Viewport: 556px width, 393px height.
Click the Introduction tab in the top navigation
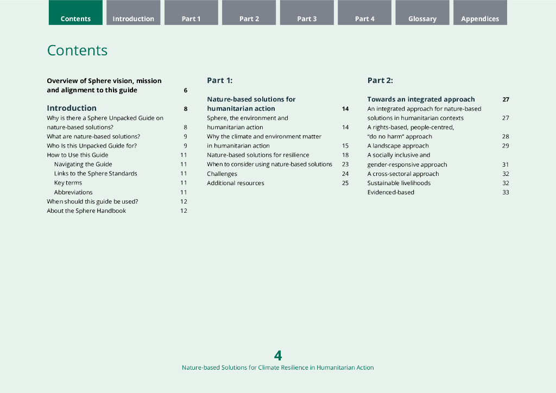point(133,18)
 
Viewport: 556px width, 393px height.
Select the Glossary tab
point(422,18)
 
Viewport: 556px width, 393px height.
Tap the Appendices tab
point(480,18)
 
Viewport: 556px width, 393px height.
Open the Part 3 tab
point(307,18)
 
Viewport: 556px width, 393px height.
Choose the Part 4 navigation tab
point(364,18)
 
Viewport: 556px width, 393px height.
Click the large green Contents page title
point(77,50)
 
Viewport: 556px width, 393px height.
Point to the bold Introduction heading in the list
point(72,108)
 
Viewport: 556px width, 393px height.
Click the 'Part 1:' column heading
point(219,80)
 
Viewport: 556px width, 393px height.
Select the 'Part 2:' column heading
point(380,80)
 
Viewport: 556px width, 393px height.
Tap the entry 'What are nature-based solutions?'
point(93,136)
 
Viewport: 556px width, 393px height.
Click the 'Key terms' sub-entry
point(68,183)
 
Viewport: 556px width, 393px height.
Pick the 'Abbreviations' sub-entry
point(73,192)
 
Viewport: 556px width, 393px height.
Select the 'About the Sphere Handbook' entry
point(86,211)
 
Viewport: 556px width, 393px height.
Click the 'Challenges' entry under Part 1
point(222,174)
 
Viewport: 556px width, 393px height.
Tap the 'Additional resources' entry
point(236,183)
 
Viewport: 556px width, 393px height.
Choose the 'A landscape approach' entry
point(398,145)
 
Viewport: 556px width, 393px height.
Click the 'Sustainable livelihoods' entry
point(399,183)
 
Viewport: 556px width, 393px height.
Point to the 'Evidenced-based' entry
point(391,192)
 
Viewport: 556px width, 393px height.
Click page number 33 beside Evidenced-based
point(506,192)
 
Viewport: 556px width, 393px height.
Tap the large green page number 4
point(278,356)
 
